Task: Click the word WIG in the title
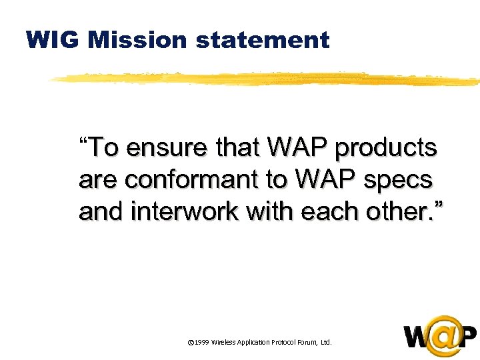click(53, 41)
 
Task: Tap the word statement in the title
click(263, 41)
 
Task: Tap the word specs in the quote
click(400, 180)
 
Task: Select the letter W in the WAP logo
click(417, 337)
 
